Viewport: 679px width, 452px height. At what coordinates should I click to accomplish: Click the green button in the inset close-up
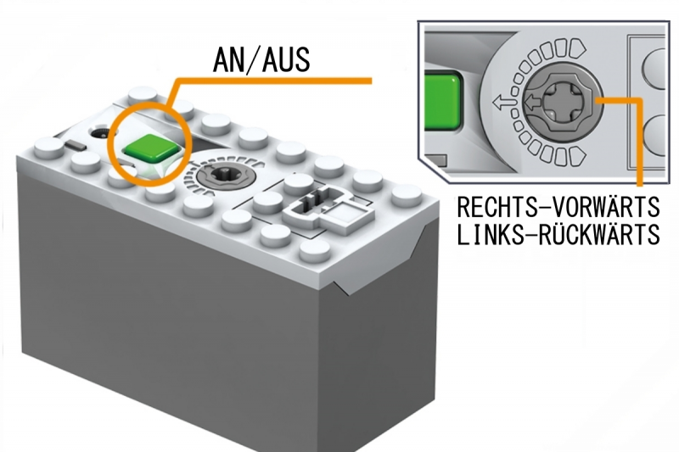coord(441,101)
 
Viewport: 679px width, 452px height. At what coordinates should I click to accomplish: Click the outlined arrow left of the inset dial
coord(502,103)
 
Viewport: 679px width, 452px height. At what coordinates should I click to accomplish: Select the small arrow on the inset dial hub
coord(532,103)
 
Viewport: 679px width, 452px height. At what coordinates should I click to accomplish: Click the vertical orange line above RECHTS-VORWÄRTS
coord(639,143)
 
